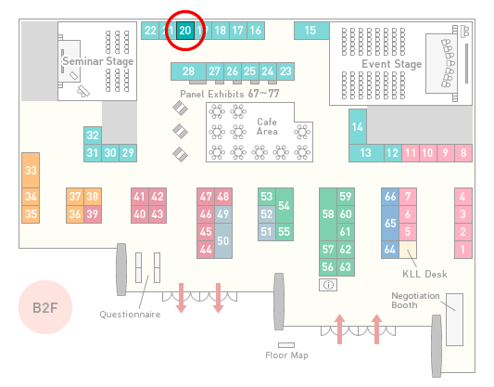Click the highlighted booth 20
click(x=185, y=31)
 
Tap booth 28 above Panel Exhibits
click(x=188, y=71)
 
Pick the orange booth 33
click(x=31, y=171)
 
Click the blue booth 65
click(x=390, y=223)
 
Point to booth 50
click(x=223, y=240)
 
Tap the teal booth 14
click(x=358, y=126)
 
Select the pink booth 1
click(x=463, y=250)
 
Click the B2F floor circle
click(x=45, y=307)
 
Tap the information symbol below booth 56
click(x=328, y=285)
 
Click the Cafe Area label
click(x=267, y=126)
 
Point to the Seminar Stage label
click(x=98, y=61)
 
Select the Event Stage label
click(x=392, y=64)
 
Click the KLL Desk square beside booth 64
click(x=408, y=250)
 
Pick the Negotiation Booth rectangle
click(x=455, y=319)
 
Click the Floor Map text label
click(x=286, y=355)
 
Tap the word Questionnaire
click(x=130, y=315)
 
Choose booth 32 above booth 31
click(x=93, y=135)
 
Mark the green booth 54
click(x=285, y=206)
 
